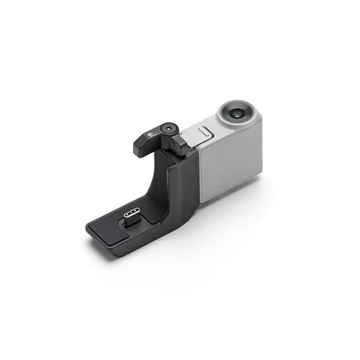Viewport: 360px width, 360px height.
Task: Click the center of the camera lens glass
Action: pyautogui.click(x=239, y=111)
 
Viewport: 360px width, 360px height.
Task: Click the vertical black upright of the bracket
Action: pyautogui.click(x=181, y=187)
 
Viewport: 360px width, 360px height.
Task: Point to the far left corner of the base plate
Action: pyautogui.click(x=87, y=228)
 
